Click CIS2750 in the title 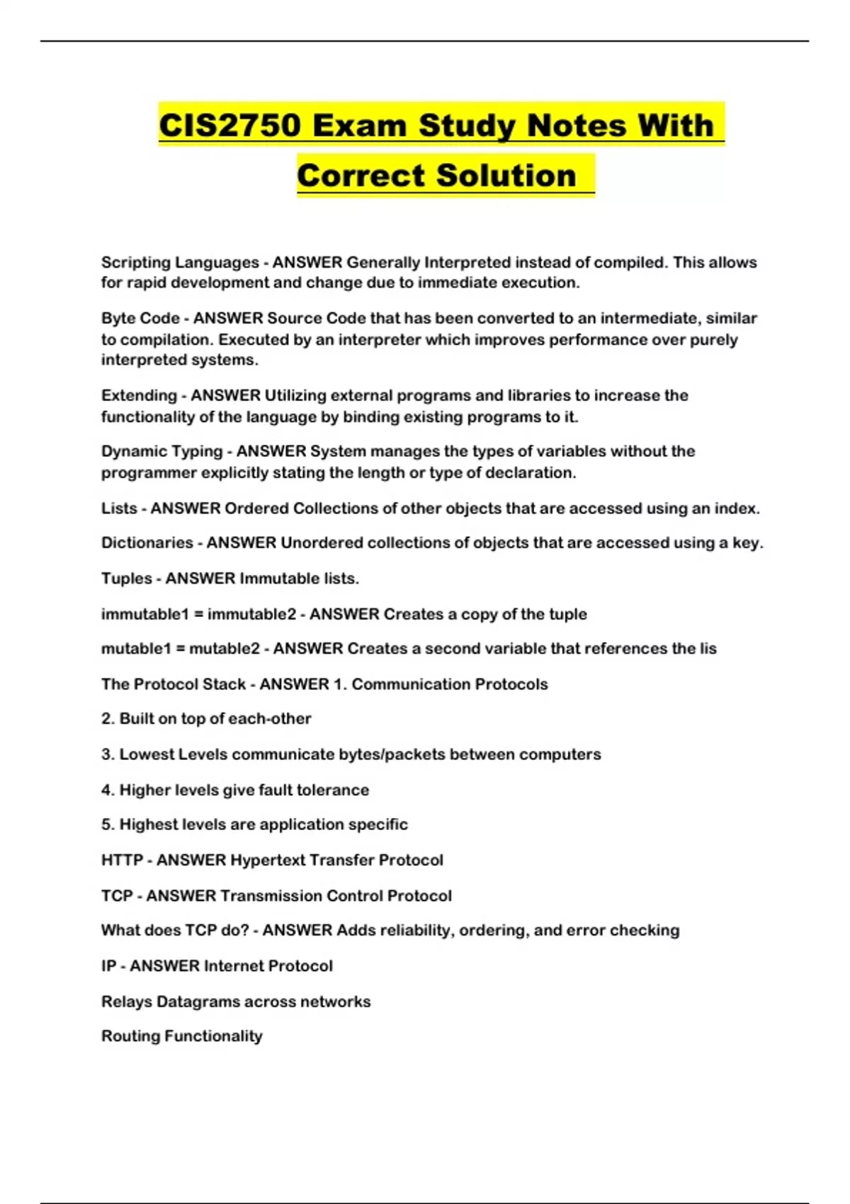point(229,126)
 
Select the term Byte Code point(140,319)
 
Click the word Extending point(139,395)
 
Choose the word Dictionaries point(147,543)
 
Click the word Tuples point(126,579)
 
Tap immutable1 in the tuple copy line point(144,614)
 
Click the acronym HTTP point(122,860)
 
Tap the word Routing point(130,1036)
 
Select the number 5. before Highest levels point(108,824)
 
